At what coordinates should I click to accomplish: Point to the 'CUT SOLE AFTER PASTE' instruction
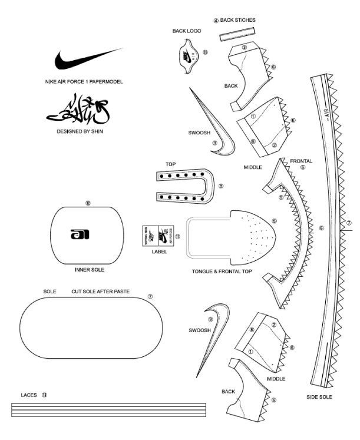coord(101,292)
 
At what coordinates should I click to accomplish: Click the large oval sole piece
coord(91,327)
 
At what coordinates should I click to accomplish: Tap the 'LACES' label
coord(29,395)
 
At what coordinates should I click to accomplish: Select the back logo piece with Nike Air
coord(187,55)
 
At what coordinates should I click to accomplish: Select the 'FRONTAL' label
coord(301,161)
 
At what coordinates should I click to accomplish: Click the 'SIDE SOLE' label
coord(319,397)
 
